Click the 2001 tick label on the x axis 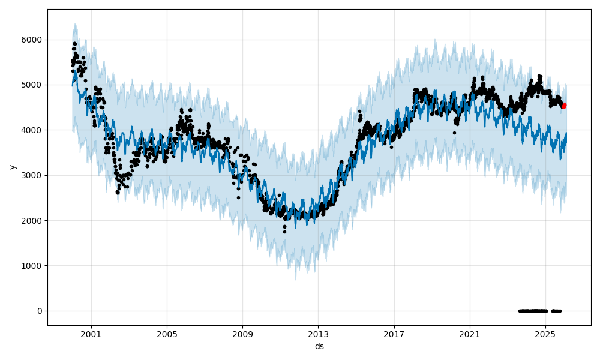click(91, 334)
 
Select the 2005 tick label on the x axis click(167, 334)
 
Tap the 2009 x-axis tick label click(242, 334)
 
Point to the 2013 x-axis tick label click(318, 334)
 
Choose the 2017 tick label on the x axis click(394, 334)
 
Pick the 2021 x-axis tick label click(469, 334)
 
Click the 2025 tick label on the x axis click(545, 334)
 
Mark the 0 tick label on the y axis click(39, 311)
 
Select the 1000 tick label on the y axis click(33, 266)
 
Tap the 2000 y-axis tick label click(33, 221)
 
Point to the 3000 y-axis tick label click(33, 175)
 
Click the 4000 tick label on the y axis click(33, 130)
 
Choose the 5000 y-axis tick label click(33, 85)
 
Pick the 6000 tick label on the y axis click(33, 40)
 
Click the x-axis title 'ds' click(319, 346)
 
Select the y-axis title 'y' click(11, 167)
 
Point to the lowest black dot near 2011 click(284, 232)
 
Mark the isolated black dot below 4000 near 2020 click(454, 133)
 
